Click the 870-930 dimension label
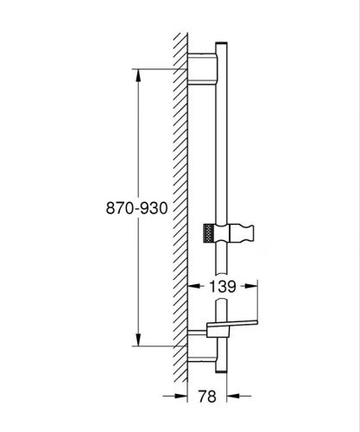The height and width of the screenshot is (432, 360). pyautogui.click(x=136, y=208)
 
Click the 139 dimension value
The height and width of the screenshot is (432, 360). pyautogui.click(x=223, y=286)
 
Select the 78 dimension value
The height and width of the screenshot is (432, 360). pyautogui.click(x=207, y=397)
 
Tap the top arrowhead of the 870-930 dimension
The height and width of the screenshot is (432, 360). pyautogui.click(x=138, y=76)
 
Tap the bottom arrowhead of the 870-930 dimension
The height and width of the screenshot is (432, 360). pyautogui.click(x=138, y=340)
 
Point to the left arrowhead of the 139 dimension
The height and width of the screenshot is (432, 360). pyautogui.click(x=194, y=286)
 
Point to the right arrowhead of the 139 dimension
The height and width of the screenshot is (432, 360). pyautogui.click(x=251, y=286)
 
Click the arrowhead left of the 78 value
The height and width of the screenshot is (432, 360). pyautogui.click(x=181, y=397)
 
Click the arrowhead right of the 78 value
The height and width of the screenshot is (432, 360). pyautogui.click(x=233, y=397)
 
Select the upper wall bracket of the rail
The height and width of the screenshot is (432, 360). pyautogui.click(x=203, y=69)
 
